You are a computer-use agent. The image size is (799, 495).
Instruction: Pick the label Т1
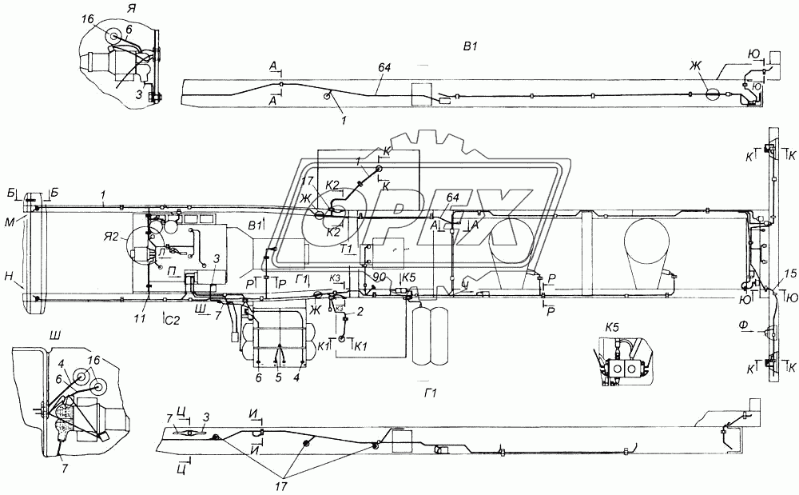click(x=346, y=249)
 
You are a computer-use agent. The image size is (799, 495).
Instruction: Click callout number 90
click(x=379, y=277)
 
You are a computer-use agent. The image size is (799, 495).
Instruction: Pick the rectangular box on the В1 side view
click(x=420, y=95)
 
